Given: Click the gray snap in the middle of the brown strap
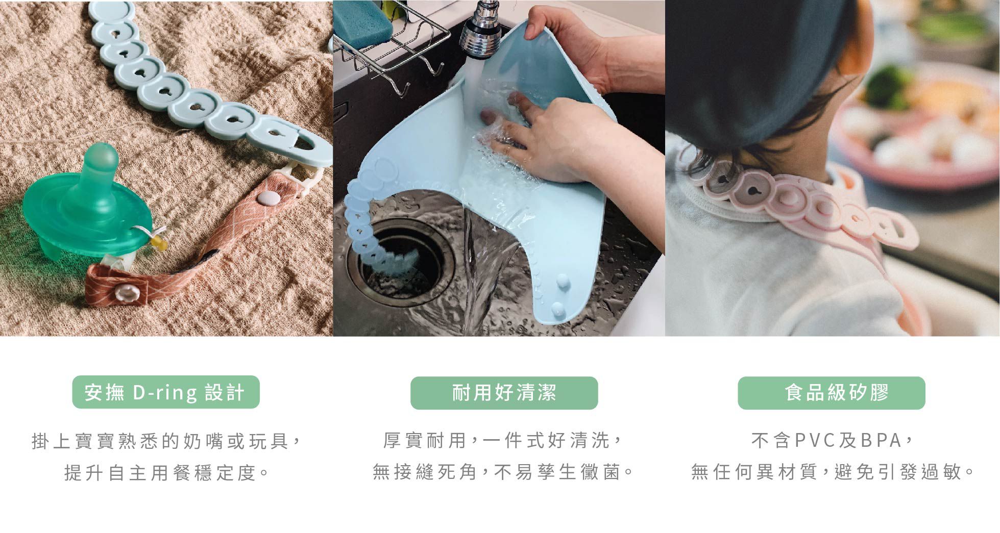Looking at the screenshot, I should pyautogui.click(x=266, y=198).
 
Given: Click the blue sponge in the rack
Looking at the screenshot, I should pyautogui.click(x=363, y=23).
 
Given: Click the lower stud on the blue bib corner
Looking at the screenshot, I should pyautogui.click(x=557, y=309).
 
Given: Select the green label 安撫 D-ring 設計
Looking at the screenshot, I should pyautogui.click(x=166, y=392).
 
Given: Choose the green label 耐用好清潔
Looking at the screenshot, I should pyautogui.click(x=504, y=393).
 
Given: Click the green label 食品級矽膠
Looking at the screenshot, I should pyautogui.click(x=831, y=393).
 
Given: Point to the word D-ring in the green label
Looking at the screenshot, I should pyautogui.click(x=164, y=393).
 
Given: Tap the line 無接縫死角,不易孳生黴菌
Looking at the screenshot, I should pyautogui.click(x=503, y=472).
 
